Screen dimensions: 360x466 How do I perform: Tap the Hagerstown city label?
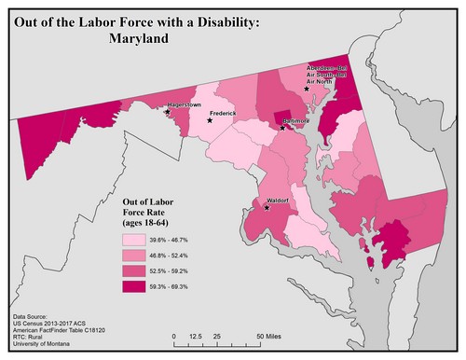(184, 105)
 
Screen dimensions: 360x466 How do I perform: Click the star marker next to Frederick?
(210, 120)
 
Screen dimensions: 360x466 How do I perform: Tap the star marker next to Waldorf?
(267, 208)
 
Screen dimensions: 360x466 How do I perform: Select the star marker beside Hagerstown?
(167, 111)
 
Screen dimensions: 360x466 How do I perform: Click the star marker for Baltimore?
(283, 127)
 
